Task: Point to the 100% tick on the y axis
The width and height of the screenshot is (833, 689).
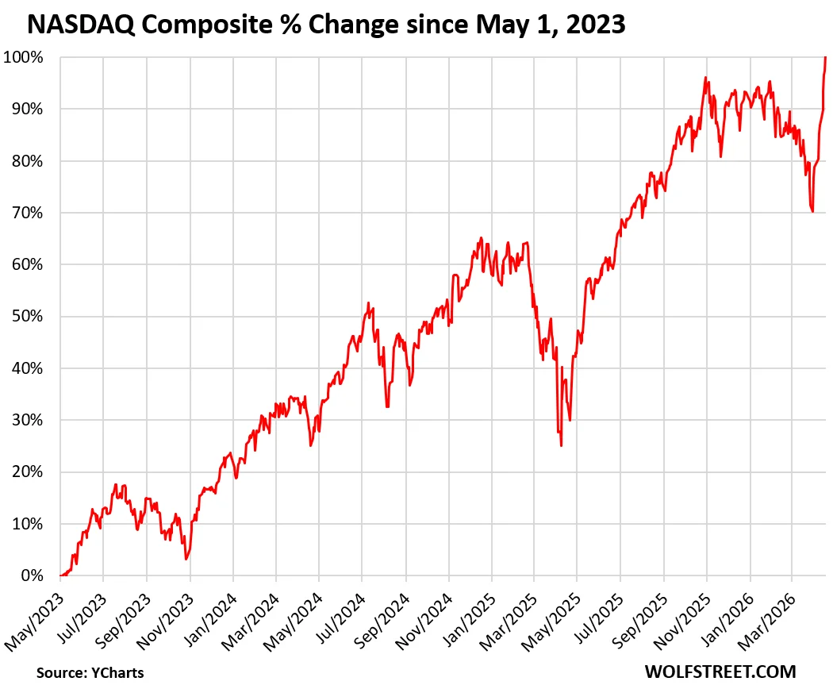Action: pyautogui.click(x=26, y=57)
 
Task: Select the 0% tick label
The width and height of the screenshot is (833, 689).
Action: pyautogui.click(x=33, y=575)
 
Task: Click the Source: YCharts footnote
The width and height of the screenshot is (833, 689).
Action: pyautogui.click(x=90, y=672)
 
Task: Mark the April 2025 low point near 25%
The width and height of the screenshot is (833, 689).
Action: pyautogui.click(x=561, y=445)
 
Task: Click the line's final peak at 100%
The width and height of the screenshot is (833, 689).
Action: pyautogui.click(x=826, y=57)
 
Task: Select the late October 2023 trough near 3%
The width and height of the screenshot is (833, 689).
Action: pyautogui.click(x=186, y=559)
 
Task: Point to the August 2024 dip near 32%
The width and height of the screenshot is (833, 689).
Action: pyautogui.click(x=387, y=407)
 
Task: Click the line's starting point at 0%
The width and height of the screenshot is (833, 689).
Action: pyautogui.click(x=61, y=575)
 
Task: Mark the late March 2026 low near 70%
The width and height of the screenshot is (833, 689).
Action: pyautogui.click(x=812, y=211)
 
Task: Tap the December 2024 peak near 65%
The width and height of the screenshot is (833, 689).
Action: pyautogui.click(x=480, y=237)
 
